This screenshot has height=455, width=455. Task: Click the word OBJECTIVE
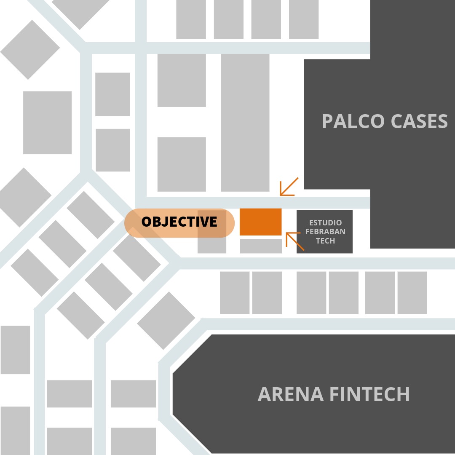tap(179, 222)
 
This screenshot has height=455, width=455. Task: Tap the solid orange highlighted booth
tap(261, 222)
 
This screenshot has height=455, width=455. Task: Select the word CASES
tap(419, 121)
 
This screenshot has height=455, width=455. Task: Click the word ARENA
tap(290, 394)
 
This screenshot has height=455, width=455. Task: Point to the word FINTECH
tap(369, 394)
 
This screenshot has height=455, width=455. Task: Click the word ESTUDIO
tap(325, 222)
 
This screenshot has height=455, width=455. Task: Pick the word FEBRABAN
tap(325, 232)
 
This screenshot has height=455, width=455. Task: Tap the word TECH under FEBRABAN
tap(325, 241)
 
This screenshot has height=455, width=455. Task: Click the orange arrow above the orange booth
tap(289, 187)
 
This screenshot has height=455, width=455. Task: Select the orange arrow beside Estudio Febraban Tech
tap(295, 241)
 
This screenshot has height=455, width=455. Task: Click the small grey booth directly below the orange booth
tap(261, 246)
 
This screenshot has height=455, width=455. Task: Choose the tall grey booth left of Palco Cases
tap(245, 123)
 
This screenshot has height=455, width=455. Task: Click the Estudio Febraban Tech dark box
tap(324, 232)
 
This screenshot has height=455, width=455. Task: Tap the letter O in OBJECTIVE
tap(146, 222)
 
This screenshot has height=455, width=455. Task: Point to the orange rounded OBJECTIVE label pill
tap(179, 223)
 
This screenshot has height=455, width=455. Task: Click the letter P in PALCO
tap(327, 121)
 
